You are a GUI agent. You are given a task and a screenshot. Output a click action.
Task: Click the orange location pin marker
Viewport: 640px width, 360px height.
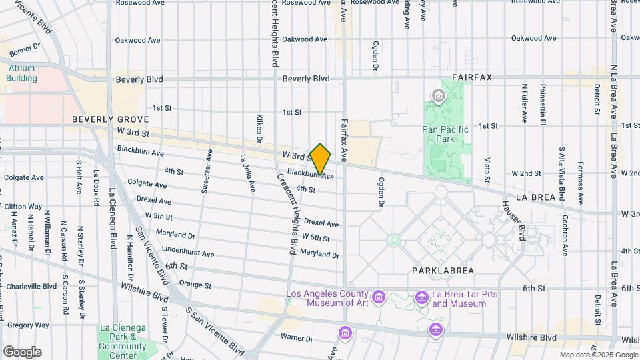[x=321, y=160]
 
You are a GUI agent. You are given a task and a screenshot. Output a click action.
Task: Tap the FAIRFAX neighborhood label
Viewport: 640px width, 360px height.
[x=471, y=77]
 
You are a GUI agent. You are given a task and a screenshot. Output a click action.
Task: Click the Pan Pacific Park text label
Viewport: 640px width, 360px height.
[x=446, y=134]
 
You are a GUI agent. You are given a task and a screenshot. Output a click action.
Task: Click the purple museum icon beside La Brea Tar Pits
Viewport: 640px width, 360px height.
[x=421, y=297]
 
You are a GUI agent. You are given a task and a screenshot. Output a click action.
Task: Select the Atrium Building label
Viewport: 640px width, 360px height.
[x=21, y=73]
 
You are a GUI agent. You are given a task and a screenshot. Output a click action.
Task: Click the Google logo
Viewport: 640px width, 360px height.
[x=21, y=351]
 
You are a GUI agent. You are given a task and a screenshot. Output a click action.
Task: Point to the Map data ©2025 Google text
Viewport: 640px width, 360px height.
[x=598, y=355]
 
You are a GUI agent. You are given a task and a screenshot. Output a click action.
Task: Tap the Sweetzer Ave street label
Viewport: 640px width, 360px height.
[x=209, y=171]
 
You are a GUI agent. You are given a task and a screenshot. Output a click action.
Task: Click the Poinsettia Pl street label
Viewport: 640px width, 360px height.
[x=543, y=104]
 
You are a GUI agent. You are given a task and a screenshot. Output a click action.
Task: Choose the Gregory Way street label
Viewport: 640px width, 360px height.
[x=28, y=325]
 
